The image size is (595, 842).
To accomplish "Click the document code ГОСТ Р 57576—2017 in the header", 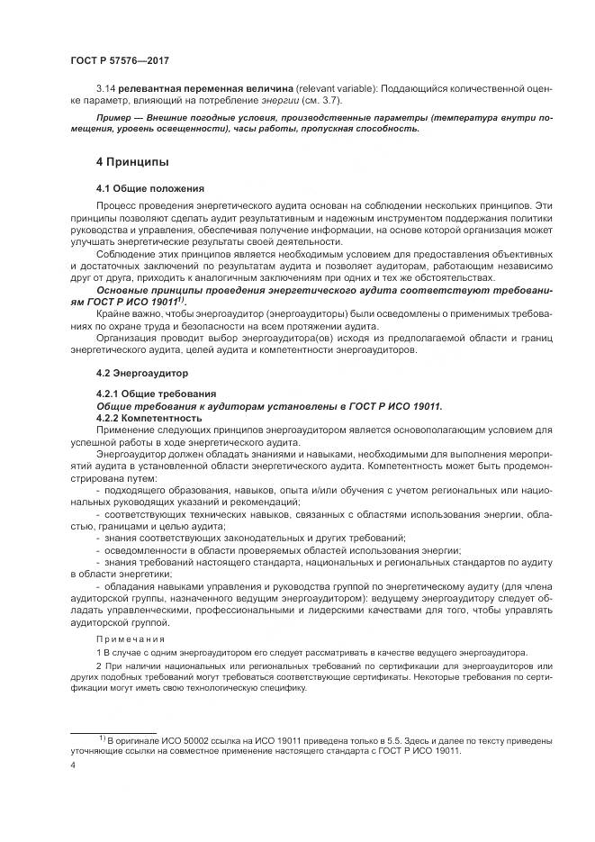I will (120, 60).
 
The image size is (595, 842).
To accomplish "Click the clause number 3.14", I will (106, 89).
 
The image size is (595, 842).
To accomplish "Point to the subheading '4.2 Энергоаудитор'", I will (144, 371).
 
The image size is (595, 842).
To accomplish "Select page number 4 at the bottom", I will (73, 763).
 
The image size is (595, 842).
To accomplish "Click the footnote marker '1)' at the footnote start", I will (103, 738).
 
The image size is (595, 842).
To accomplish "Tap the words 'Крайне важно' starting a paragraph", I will (126, 314).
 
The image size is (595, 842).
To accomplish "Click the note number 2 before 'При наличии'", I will (99, 665).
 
